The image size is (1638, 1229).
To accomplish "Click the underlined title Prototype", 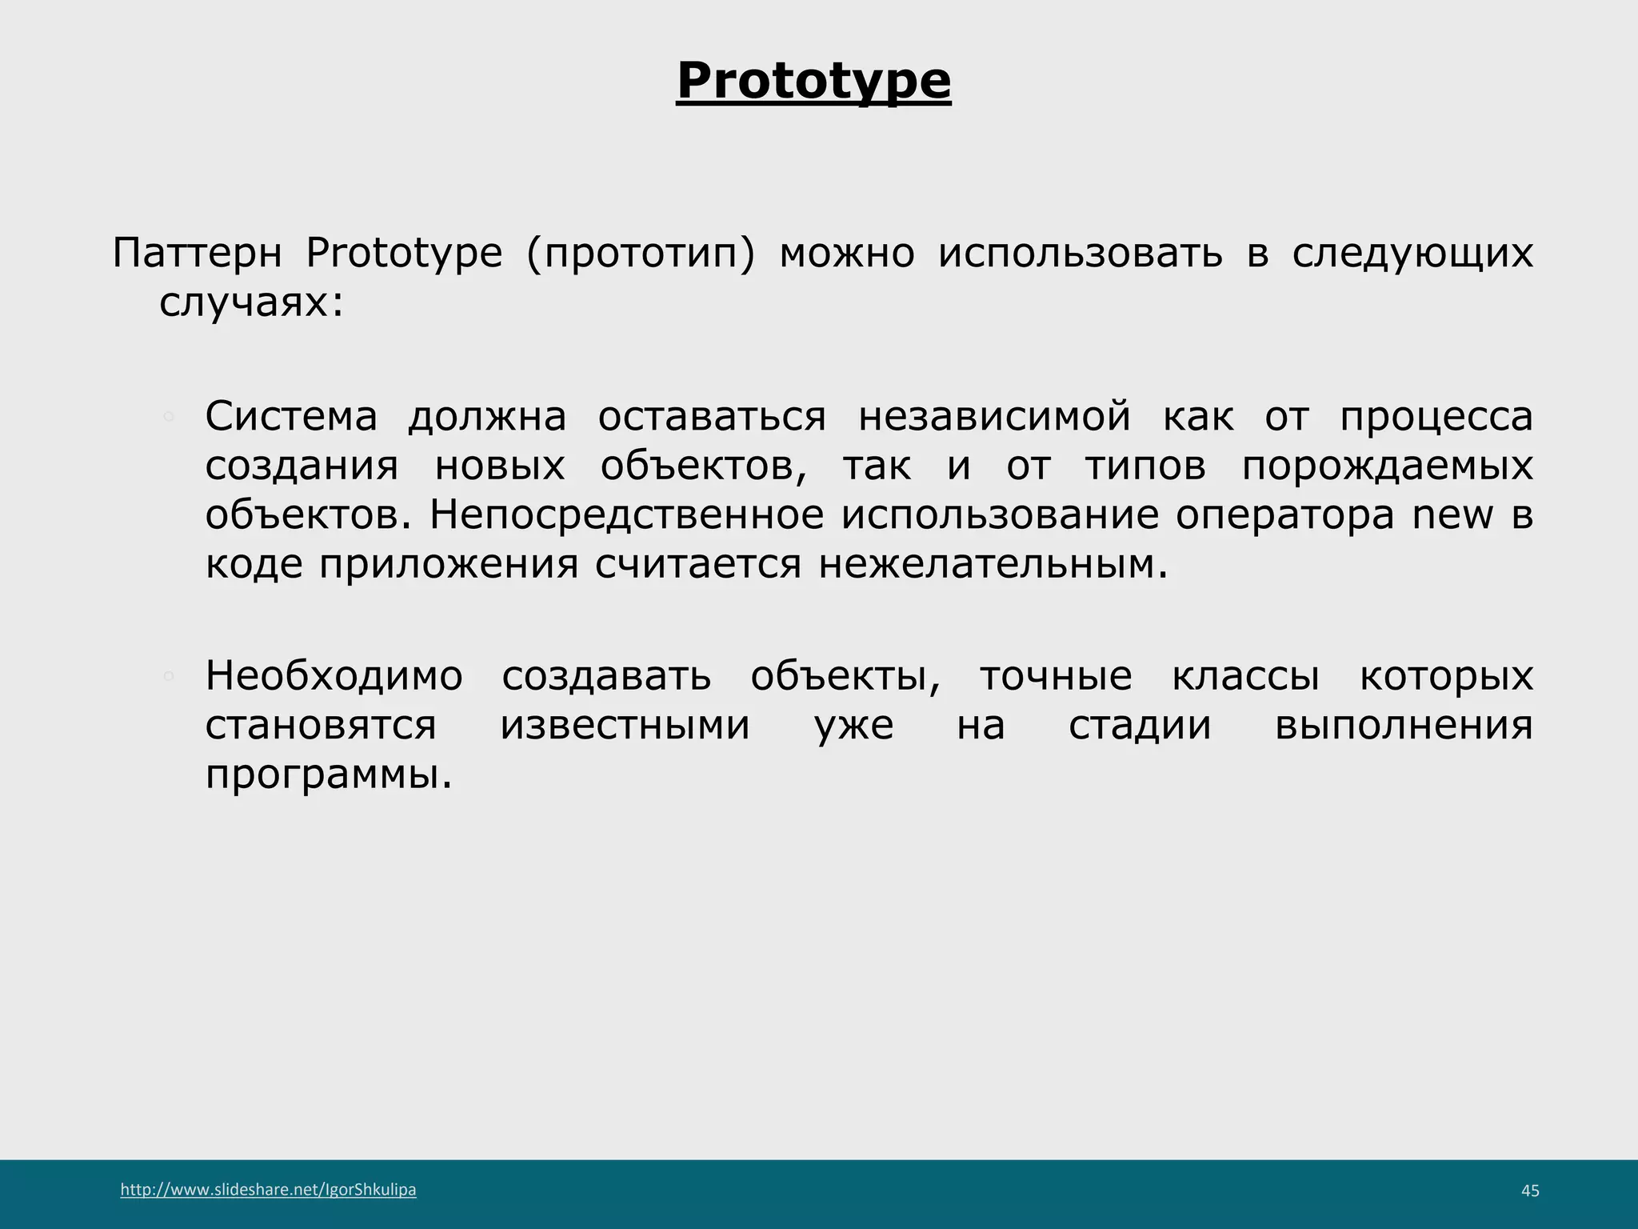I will tap(813, 82).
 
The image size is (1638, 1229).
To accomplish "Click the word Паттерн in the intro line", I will tap(197, 254).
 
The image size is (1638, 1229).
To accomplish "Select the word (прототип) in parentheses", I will tap(641, 254).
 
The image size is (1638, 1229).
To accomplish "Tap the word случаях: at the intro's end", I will tap(251, 303).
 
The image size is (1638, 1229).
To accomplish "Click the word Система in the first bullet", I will tap(291, 417).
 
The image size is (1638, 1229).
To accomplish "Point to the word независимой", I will tap(994, 417).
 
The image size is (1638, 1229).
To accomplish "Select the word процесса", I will tap(1436, 417).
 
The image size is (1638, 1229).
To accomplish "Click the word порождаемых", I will tap(1387, 466).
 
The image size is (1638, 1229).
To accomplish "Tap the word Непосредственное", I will tap(626, 514).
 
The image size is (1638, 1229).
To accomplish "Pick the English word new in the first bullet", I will tap(1452, 514).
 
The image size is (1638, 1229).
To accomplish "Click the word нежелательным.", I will tap(993, 565).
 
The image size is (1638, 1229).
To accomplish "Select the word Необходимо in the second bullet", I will tap(334, 676).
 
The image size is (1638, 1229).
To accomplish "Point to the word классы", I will tap(1245, 676).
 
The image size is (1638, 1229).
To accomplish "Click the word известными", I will tap(625, 726).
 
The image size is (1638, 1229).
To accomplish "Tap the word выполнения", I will tap(1404, 726).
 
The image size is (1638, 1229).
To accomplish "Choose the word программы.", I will tap(329, 775).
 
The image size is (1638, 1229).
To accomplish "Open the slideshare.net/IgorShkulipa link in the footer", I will tap(268, 1190).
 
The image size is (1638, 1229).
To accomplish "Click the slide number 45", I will tap(1529, 1191).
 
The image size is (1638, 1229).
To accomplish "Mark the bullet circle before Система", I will tap(168, 416).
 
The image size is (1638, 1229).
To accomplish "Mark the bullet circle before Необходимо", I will tap(168, 676).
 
